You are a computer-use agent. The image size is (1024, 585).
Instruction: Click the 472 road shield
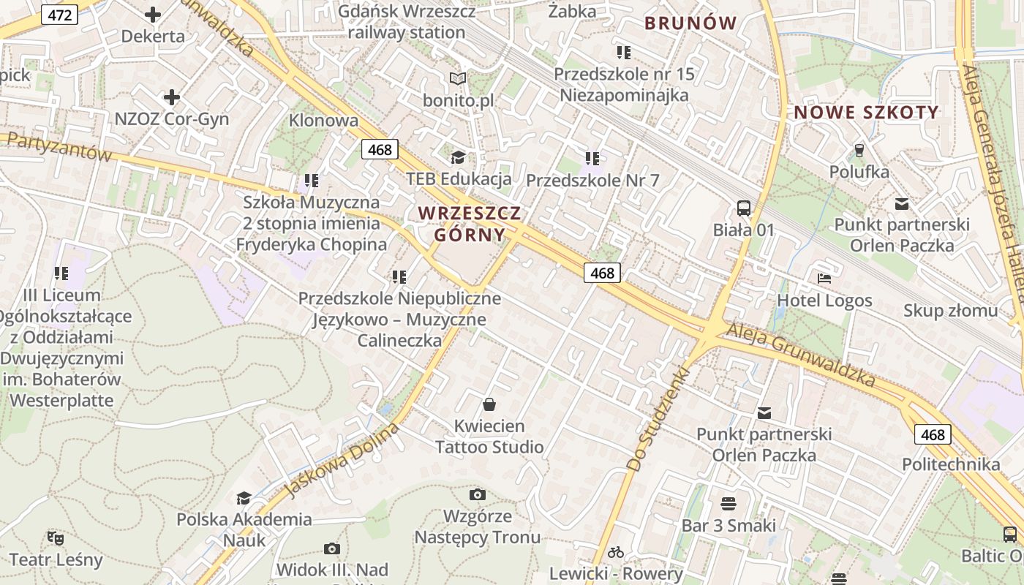point(59,15)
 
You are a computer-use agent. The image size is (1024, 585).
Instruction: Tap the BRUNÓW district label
point(690,23)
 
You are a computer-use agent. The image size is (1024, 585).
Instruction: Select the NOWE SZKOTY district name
point(866,113)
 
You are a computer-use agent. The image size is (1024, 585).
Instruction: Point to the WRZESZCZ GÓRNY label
point(470,224)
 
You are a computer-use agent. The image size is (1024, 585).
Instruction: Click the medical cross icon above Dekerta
point(153,14)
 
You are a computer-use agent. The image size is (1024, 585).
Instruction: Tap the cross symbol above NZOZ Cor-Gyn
point(172,97)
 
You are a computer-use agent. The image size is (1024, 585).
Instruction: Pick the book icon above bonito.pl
point(458,78)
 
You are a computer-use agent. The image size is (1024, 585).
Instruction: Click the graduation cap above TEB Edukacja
point(458,157)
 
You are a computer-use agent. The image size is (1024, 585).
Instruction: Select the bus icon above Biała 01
point(744,208)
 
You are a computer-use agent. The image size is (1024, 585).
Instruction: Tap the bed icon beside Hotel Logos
point(824,279)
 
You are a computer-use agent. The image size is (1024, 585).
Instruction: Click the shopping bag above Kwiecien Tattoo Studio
point(489,404)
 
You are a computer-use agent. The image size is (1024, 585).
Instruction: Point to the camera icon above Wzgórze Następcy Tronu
point(478,495)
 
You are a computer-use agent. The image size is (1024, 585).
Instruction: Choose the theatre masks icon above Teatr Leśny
point(56,538)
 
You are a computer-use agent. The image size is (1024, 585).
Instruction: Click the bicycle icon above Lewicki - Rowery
point(616,552)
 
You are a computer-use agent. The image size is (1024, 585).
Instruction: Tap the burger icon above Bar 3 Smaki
point(728,503)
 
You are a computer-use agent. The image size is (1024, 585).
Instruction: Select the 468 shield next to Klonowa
point(380,150)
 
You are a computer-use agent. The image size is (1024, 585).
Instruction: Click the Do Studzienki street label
point(659,419)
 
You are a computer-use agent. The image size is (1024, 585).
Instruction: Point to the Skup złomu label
point(950,310)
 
